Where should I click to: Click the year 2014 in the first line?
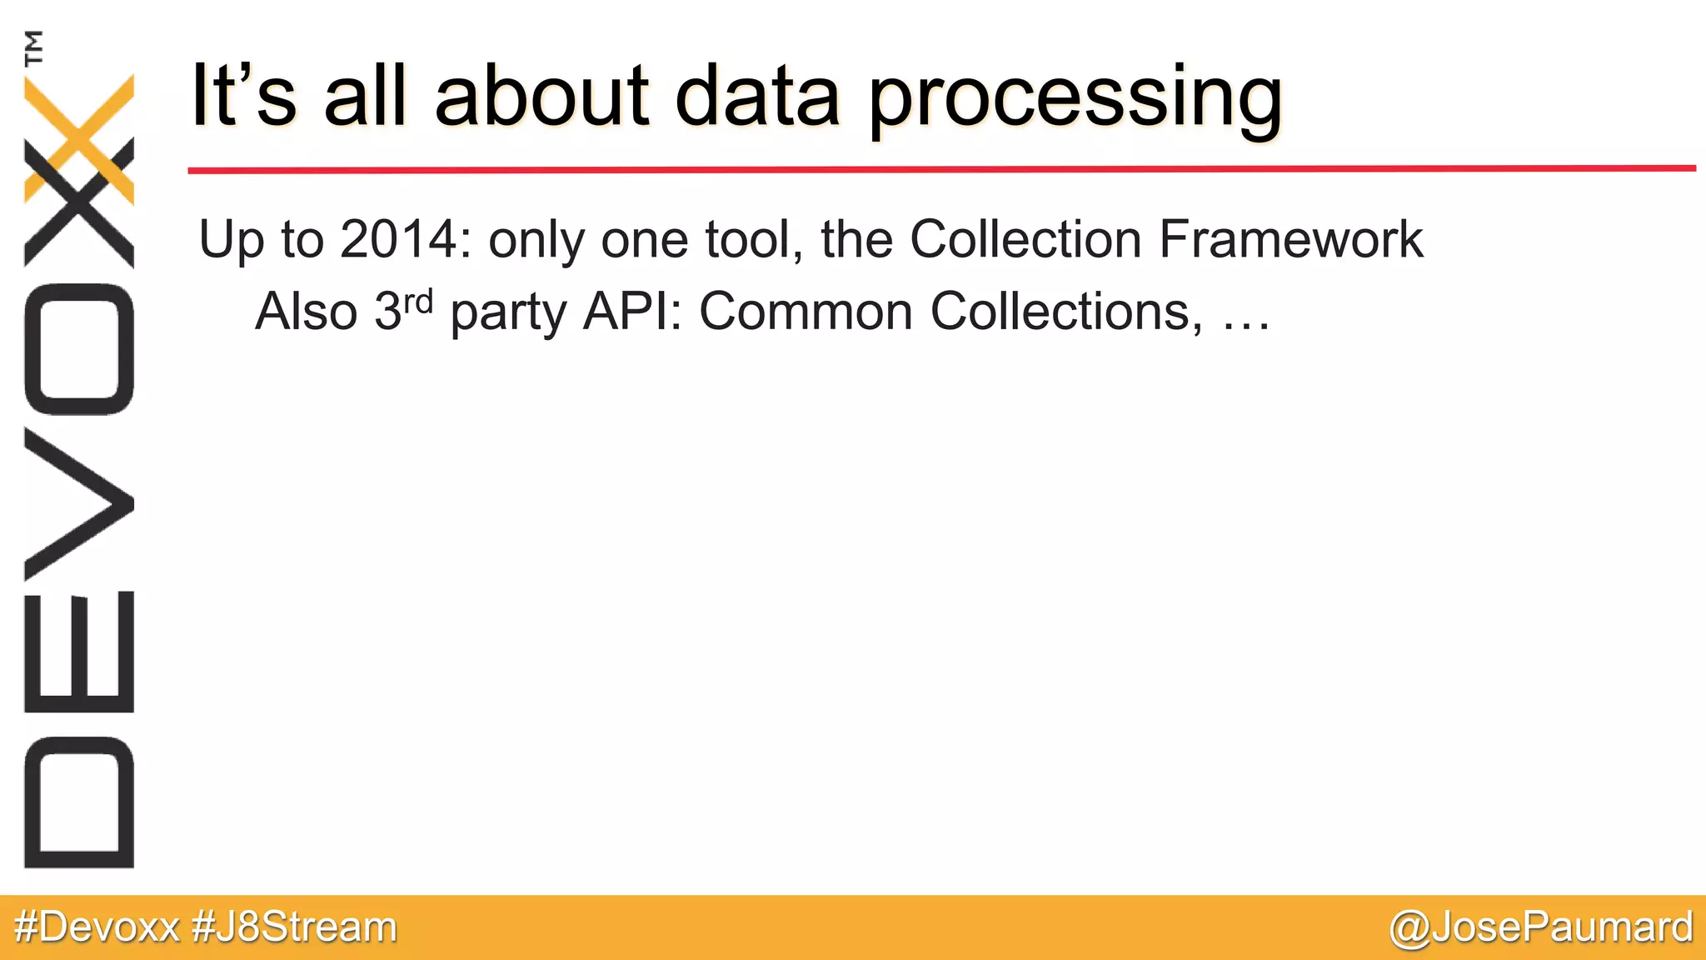pyautogui.click(x=399, y=239)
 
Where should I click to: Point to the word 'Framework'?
pyautogui.click(x=1290, y=239)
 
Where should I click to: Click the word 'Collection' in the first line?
pyautogui.click(x=1025, y=239)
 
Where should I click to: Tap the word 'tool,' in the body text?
pyautogui.click(x=754, y=239)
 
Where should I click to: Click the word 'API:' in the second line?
pyautogui.click(x=632, y=312)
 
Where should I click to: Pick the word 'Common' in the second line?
pyautogui.click(x=806, y=312)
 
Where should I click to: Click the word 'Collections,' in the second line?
pyautogui.click(x=1066, y=312)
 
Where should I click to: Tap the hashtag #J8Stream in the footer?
pyautogui.click(x=294, y=927)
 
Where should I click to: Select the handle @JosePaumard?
pyautogui.click(x=1541, y=927)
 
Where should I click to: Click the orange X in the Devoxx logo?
pyautogui.click(x=79, y=137)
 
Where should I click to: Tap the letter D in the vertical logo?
pyautogui.click(x=79, y=802)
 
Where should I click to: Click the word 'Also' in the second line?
pyautogui.click(x=306, y=312)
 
